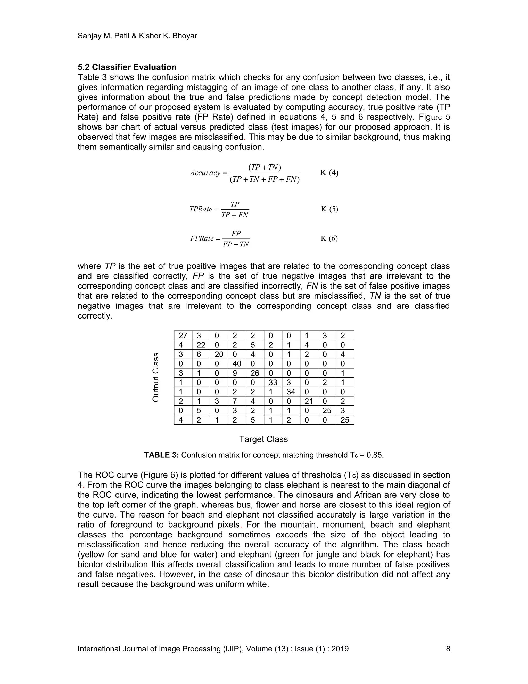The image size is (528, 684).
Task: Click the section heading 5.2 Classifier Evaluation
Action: pos(127,67)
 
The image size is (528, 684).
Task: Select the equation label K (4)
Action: pos(329,173)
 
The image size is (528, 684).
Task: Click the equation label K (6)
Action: pos(329,238)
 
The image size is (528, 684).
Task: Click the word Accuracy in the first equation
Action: pos(205,173)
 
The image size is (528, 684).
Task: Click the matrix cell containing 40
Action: pos(237,364)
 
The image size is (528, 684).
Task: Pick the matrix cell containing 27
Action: pos(183,336)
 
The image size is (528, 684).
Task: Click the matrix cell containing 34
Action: pos(291,392)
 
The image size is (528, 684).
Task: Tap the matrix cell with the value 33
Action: pos(273,383)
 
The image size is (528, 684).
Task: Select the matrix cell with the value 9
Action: pos(237,373)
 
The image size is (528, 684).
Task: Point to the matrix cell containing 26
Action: pos(255,373)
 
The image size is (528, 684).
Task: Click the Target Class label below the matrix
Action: pos(263,439)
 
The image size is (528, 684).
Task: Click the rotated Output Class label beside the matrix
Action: pos(155,377)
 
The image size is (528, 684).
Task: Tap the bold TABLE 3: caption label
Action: pos(161,455)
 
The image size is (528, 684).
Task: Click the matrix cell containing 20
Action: pos(219,354)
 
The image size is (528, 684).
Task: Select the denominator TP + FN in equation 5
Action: pos(235,215)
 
